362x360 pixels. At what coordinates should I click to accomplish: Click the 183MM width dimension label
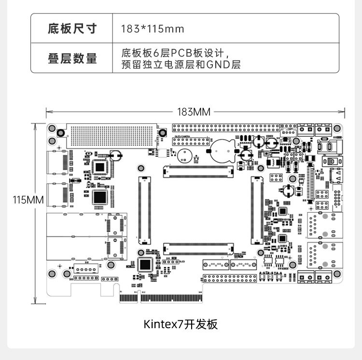pyautogui.click(x=194, y=112)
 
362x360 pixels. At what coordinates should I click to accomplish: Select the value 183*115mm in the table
pyautogui.click(x=152, y=29)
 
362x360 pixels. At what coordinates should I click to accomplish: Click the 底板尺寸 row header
pyautogui.click(x=72, y=29)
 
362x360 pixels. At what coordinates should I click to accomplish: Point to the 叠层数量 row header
pyautogui.click(x=72, y=58)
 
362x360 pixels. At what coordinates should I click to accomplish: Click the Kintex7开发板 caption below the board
pyautogui.click(x=181, y=324)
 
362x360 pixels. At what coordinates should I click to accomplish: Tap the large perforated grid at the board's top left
pyautogui.click(x=112, y=135)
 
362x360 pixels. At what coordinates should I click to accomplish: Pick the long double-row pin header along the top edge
pyautogui.click(x=225, y=128)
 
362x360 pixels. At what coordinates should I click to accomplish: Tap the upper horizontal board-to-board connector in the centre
pyautogui.click(x=198, y=171)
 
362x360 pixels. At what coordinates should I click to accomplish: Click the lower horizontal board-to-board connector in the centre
pyautogui.click(x=198, y=249)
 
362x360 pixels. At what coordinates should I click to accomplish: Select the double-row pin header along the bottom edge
pyautogui.click(x=229, y=279)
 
